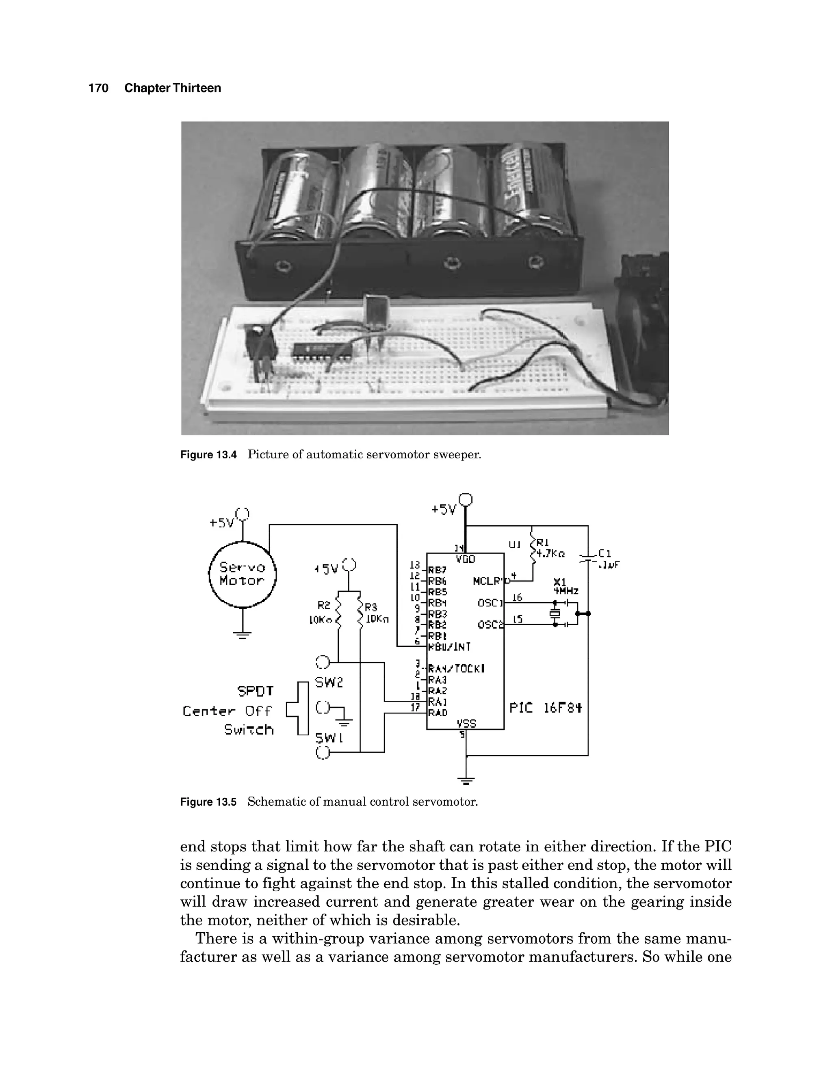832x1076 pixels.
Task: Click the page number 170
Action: [x=98, y=88]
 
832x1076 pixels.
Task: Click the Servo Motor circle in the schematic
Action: [x=243, y=574]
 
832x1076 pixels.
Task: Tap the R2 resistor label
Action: [x=323, y=605]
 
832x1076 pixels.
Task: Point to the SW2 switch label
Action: [x=329, y=683]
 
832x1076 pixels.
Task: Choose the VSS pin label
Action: [x=466, y=723]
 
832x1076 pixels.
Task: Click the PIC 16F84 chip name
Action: [x=545, y=708]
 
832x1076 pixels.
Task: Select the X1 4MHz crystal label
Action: [x=566, y=586]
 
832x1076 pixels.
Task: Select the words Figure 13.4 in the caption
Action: [x=208, y=455]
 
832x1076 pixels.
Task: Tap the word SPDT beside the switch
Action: [x=255, y=691]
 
